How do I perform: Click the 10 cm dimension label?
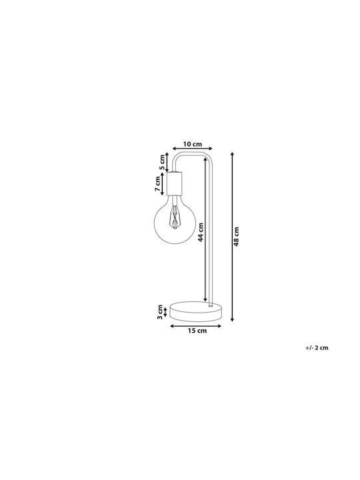pos(193,144)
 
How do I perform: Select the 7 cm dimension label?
pos(158,184)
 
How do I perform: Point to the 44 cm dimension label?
pos(201,232)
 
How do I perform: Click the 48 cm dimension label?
pos(236,237)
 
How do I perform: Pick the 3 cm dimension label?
pos(159,312)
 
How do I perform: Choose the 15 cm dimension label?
pos(197,331)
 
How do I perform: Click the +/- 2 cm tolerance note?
pos(317,348)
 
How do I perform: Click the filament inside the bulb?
pos(175,217)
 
